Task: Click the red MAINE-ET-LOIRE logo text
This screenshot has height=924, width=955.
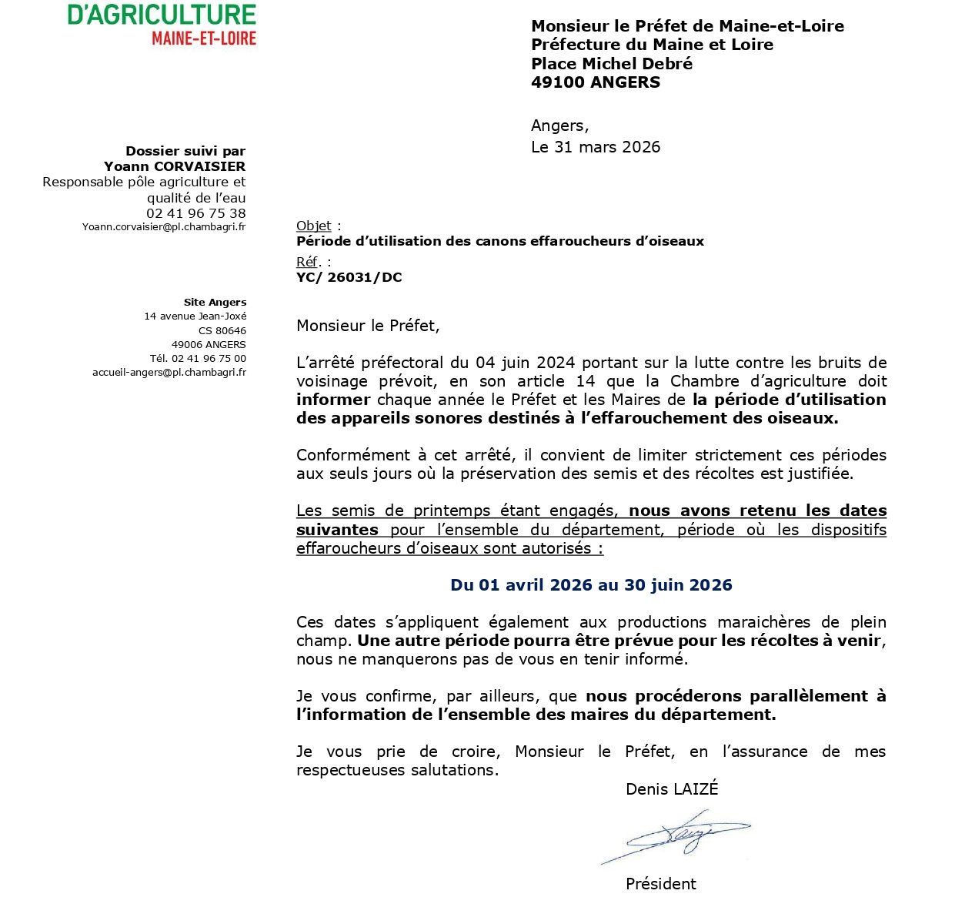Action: pos(204,38)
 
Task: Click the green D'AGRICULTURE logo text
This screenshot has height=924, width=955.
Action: pos(162,15)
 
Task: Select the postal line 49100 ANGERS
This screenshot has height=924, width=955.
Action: pos(595,82)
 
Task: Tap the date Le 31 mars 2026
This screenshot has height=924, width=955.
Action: pos(595,147)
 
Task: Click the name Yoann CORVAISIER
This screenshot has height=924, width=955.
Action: pos(175,166)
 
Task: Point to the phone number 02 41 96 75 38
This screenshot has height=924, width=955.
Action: pos(196,213)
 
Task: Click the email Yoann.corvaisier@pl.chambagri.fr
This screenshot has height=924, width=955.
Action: pos(164,227)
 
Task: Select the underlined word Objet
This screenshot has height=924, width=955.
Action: pos(313,226)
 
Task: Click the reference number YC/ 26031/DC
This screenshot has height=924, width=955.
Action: pos(349,277)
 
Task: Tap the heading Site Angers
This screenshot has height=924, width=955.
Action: pos(215,303)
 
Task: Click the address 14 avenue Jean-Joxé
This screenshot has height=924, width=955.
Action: pos(195,316)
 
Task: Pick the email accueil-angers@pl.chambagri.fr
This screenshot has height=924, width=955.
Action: pos(169,373)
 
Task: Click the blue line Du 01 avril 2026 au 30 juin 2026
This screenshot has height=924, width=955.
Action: pos(591,585)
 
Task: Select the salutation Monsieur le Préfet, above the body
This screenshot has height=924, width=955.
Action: pos(368,326)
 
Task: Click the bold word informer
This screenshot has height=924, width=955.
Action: pos(333,400)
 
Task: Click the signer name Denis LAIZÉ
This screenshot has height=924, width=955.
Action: pos(671,788)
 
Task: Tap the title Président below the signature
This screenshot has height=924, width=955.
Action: pos(660,884)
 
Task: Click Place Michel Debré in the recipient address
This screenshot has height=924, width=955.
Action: pos(612,64)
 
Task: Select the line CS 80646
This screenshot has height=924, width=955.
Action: pos(222,331)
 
